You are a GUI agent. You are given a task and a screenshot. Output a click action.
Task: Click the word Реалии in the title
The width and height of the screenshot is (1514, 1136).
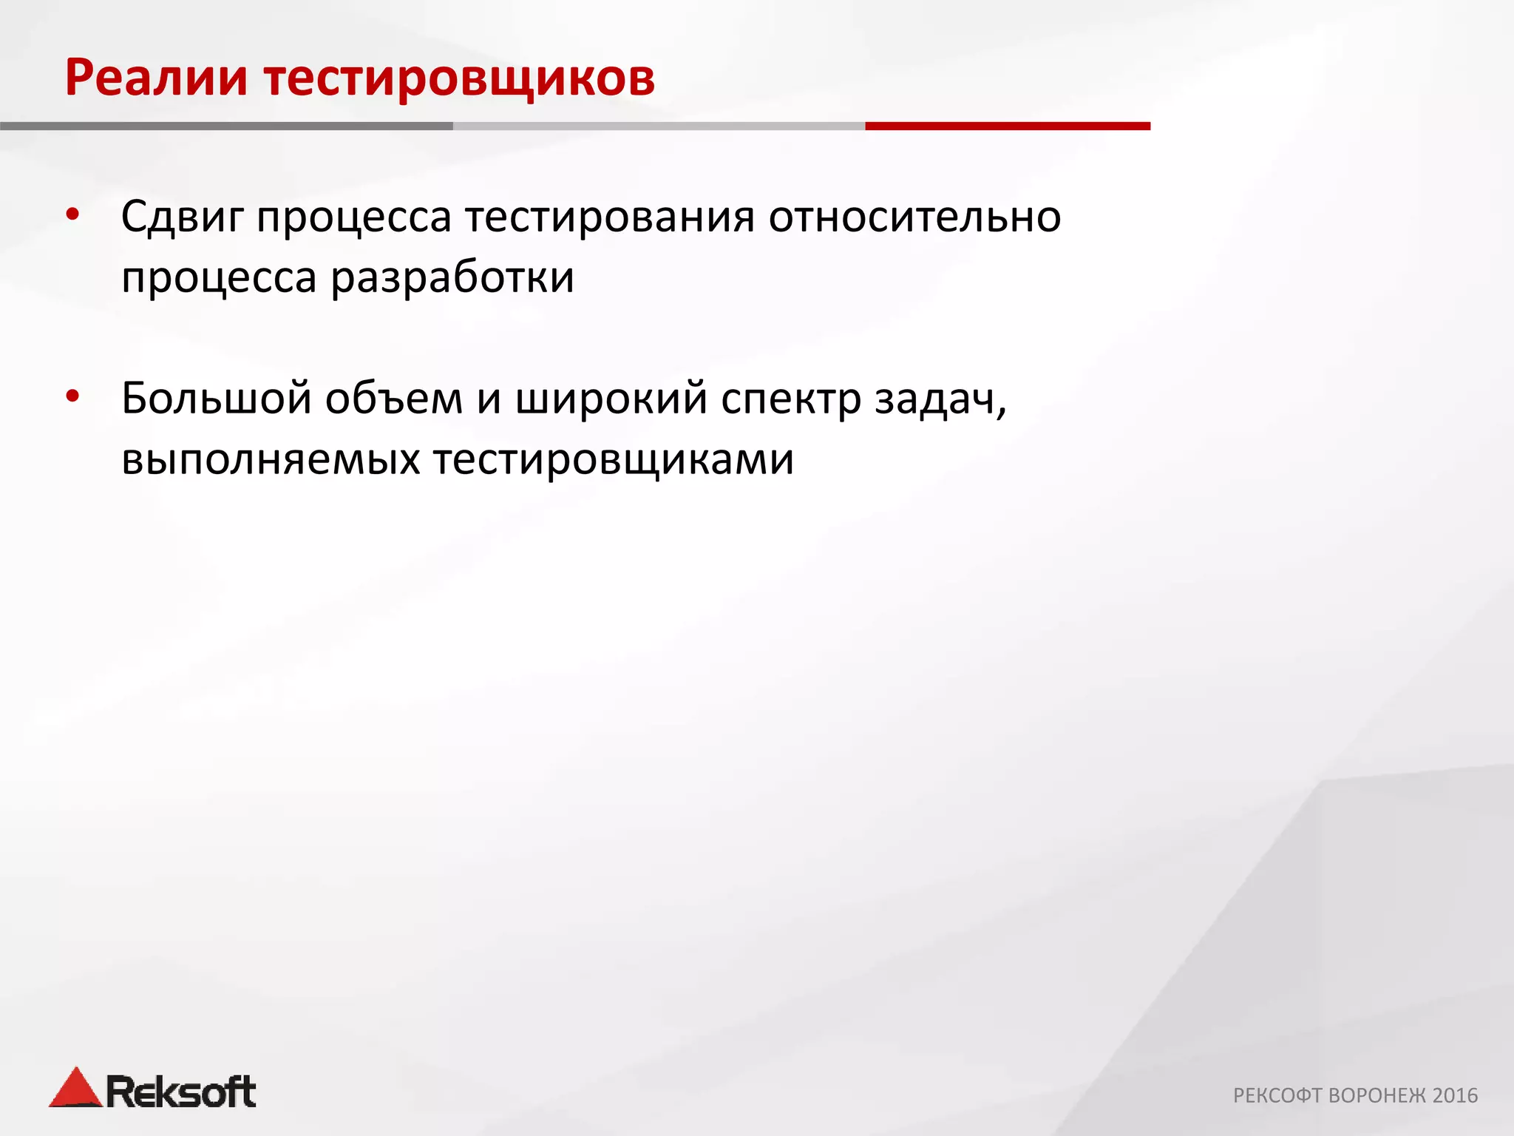(x=156, y=78)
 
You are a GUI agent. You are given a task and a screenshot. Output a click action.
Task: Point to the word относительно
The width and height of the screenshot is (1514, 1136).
(x=914, y=217)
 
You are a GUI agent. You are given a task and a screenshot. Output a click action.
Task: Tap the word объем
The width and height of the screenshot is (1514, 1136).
(x=393, y=399)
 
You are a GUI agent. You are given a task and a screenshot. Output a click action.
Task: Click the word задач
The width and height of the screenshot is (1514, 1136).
(x=937, y=399)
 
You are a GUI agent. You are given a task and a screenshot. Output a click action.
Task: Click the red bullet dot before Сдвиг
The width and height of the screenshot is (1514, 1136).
(x=72, y=215)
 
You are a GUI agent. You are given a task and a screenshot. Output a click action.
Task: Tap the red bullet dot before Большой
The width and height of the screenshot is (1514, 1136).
(x=72, y=397)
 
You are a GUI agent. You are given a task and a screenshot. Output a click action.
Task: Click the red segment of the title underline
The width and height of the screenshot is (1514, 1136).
(x=1007, y=126)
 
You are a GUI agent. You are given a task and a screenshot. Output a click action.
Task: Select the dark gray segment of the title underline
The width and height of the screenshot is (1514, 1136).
(x=226, y=126)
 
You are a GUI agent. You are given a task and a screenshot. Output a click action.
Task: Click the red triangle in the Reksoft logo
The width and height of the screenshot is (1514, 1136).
(x=75, y=1089)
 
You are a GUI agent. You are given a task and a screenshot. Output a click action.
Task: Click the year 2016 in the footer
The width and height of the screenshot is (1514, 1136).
(x=1454, y=1095)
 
